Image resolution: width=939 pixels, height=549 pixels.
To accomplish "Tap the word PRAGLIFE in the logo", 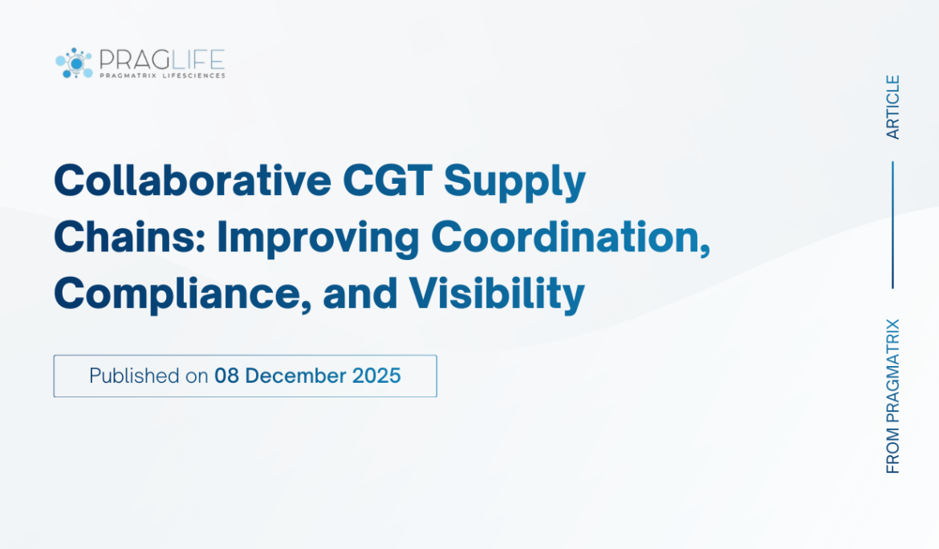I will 161,59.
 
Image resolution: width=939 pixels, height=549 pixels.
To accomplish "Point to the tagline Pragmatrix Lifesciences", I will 161,75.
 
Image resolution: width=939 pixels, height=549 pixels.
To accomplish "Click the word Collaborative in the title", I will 192,181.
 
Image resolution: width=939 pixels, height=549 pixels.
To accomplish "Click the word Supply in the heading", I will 514,183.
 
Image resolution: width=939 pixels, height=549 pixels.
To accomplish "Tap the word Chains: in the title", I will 128,238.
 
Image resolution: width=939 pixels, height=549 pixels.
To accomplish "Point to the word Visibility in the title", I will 496,294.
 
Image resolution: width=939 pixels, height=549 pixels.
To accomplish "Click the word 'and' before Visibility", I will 360,294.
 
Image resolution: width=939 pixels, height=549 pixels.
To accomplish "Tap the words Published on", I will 148,376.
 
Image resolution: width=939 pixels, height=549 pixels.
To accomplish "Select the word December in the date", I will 299,376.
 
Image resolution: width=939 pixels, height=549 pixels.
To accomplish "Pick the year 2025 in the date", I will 377,376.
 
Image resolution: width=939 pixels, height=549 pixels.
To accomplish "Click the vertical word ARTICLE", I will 893,107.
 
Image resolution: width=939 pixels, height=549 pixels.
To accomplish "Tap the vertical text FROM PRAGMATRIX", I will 893,396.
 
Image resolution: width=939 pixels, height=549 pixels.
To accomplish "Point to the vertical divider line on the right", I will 893,224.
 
